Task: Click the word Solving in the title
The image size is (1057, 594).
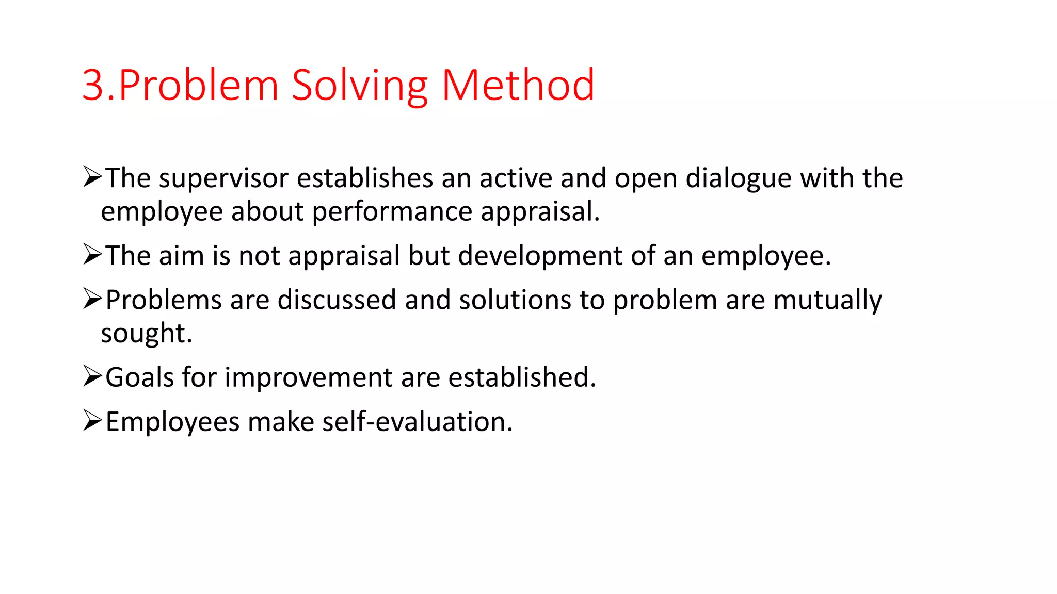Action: pyautogui.click(x=359, y=86)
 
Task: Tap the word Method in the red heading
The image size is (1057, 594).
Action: pyautogui.click(x=518, y=85)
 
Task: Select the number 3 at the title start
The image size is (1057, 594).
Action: pyautogui.click(x=93, y=86)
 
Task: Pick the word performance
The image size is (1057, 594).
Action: pyautogui.click(x=392, y=212)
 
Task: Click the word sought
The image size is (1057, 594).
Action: pyautogui.click(x=146, y=334)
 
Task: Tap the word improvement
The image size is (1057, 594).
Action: pyautogui.click(x=308, y=377)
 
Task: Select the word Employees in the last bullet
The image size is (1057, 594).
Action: pyautogui.click(x=172, y=422)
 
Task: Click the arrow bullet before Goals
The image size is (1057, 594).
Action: pyautogui.click(x=92, y=376)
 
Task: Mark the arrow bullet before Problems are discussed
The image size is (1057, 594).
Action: pyautogui.click(x=92, y=299)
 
